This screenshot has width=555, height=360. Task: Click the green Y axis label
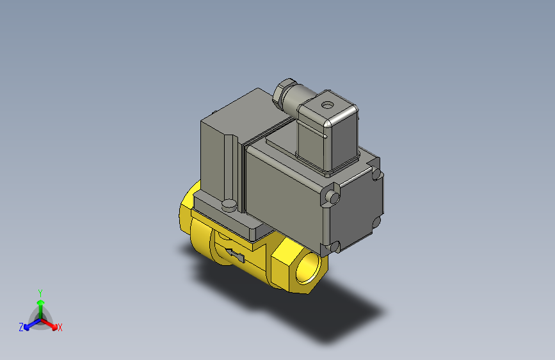[40, 292]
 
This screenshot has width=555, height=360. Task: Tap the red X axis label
[60, 328]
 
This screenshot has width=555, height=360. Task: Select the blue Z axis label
[21, 327]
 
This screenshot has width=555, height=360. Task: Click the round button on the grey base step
[229, 205]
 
